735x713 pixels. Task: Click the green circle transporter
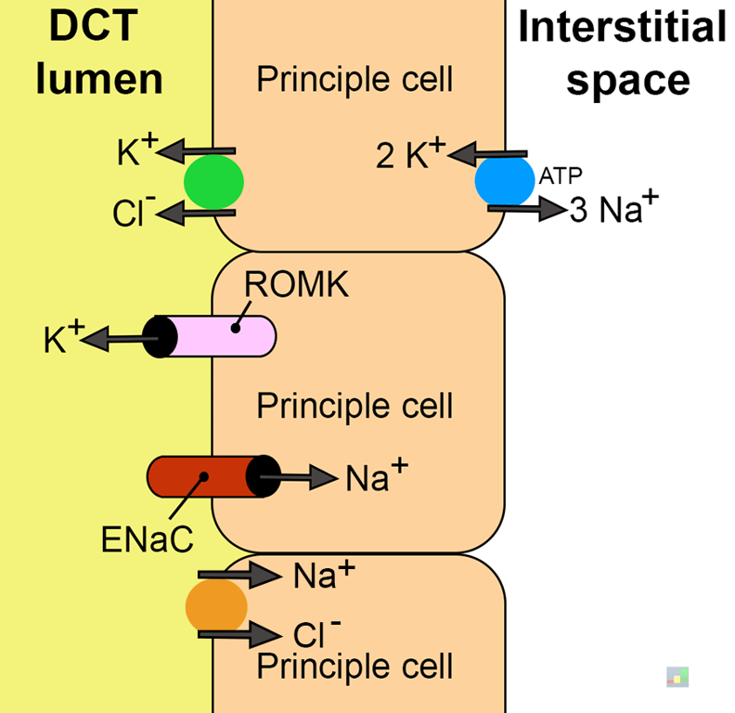point(213,181)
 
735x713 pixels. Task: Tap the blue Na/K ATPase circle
point(505,181)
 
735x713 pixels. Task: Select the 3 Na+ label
point(613,211)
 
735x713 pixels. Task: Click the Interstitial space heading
point(622,54)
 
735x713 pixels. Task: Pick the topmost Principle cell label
point(355,80)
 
